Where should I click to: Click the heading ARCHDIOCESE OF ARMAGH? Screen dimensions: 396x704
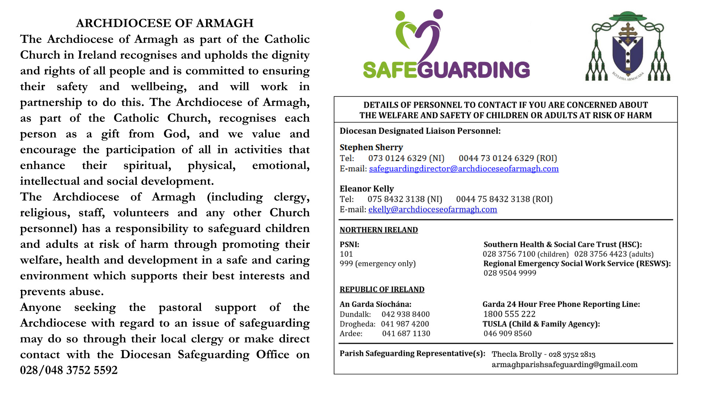click(165, 23)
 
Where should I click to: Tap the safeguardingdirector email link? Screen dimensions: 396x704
click(463, 169)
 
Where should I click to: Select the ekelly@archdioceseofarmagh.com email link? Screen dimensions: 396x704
click(432, 209)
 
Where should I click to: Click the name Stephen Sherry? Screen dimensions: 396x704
click(371, 147)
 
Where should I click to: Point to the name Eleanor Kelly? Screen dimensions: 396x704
click(367, 188)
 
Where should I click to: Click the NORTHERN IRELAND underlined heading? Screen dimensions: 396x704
click(378, 230)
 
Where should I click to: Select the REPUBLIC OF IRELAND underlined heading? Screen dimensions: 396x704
click(382, 289)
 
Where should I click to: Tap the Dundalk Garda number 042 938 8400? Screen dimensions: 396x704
click(406, 314)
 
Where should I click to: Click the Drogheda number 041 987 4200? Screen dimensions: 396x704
click(405, 324)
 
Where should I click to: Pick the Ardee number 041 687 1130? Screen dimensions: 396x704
click(406, 333)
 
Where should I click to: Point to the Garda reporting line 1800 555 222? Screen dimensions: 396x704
click(509, 314)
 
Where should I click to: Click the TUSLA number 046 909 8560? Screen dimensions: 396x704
click(507, 333)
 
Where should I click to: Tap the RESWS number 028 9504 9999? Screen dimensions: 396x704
click(510, 273)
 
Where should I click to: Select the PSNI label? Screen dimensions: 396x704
click(349, 245)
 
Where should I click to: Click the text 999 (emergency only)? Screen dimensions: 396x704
click(378, 264)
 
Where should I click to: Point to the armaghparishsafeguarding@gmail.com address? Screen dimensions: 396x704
click(564, 364)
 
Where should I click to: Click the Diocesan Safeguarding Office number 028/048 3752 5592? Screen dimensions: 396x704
click(69, 370)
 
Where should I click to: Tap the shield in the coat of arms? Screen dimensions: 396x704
click(628, 53)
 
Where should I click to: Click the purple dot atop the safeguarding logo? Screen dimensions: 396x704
click(438, 14)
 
